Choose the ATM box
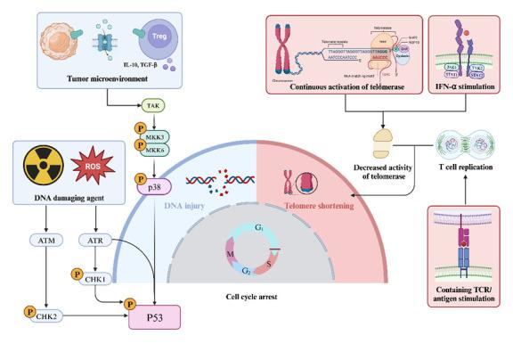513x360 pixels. [x=45, y=240]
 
